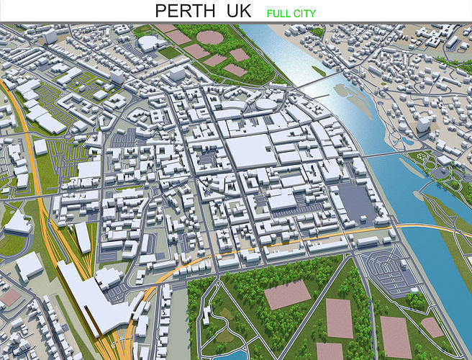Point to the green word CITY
(303, 13)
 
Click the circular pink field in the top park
(209, 37)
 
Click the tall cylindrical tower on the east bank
(425, 126)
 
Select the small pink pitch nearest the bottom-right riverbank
(432, 327)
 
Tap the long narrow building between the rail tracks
(84, 238)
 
